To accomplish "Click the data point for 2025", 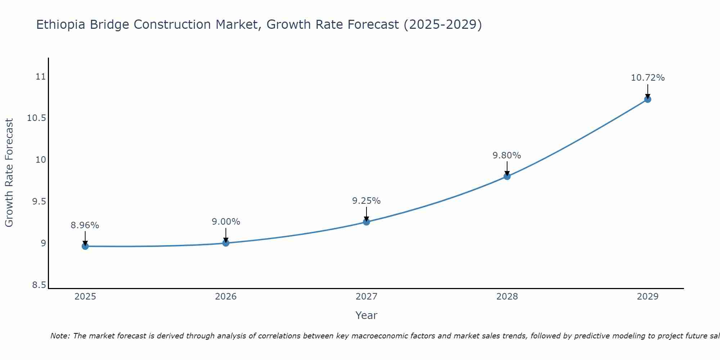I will tap(85, 246).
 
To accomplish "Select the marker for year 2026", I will tap(226, 243).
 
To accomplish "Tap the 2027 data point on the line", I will tap(366, 222).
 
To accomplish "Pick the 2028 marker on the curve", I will tap(507, 176).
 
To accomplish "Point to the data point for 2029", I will tap(648, 99).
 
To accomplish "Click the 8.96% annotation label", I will tap(85, 225).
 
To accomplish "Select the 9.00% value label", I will tap(226, 222).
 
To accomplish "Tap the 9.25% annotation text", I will tap(366, 201).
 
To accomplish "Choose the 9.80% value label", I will tap(507, 156).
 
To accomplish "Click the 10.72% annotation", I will tap(648, 78).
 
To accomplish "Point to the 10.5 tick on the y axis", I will tap(37, 118).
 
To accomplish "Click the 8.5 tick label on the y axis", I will tap(39, 285).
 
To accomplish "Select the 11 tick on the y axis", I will tap(41, 77).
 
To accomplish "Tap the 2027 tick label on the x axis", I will tap(366, 297).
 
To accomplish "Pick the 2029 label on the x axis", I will tap(648, 297).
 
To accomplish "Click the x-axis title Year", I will tap(366, 315).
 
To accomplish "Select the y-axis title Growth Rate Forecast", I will tap(9, 173).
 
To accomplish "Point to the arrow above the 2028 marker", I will tap(507, 168).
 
